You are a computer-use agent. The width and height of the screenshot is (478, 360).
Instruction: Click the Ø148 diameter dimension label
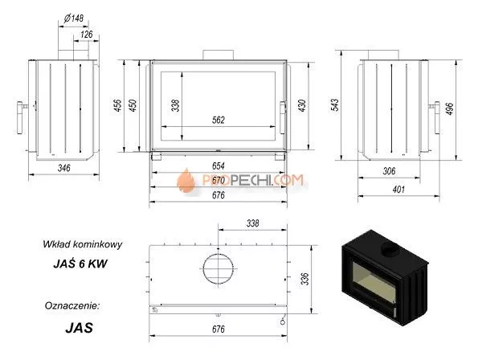click(74, 18)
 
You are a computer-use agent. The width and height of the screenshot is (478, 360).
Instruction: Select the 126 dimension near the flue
click(87, 34)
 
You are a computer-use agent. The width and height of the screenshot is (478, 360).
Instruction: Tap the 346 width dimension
click(64, 168)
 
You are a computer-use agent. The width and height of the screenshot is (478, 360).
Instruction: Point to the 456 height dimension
click(118, 105)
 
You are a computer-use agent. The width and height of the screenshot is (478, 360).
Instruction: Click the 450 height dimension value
click(133, 105)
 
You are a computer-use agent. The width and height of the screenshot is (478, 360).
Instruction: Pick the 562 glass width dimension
click(219, 120)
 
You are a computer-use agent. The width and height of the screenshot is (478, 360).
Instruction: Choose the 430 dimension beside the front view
click(302, 105)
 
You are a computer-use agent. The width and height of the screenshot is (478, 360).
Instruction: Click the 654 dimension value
click(219, 166)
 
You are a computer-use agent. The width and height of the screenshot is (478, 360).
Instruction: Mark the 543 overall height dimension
click(335, 104)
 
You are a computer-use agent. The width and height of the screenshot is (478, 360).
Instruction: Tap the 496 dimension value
click(450, 108)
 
